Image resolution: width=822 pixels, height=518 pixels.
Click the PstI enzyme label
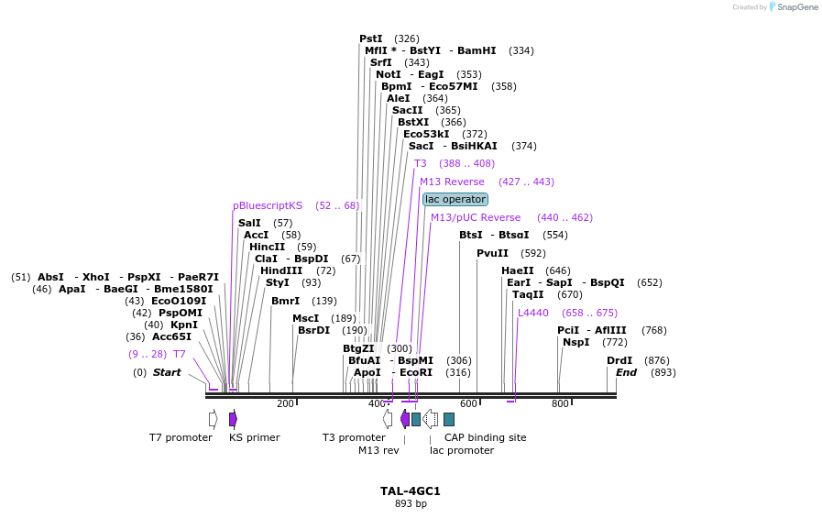tap(371, 39)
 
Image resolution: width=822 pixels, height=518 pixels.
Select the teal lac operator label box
tap(455, 199)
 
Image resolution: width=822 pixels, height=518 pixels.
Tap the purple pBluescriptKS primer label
tap(268, 205)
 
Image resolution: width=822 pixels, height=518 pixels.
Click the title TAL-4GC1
tap(411, 490)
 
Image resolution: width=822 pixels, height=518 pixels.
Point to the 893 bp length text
tap(411, 503)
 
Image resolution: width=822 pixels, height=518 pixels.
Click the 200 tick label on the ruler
tap(285, 403)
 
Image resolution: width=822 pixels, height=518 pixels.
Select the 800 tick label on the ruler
tap(559, 403)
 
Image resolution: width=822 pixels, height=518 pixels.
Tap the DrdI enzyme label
tap(619, 360)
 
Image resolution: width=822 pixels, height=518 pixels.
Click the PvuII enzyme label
tap(492, 253)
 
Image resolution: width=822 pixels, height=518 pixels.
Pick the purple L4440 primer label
tap(533, 313)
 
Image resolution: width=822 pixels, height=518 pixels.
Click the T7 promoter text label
tap(181, 437)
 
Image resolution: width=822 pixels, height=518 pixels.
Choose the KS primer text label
tap(254, 437)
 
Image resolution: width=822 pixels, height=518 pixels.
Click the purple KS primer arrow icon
tap(233, 419)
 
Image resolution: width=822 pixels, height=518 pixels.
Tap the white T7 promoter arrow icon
tap(213, 419)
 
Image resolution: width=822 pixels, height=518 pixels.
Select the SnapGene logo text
tap(793, 7)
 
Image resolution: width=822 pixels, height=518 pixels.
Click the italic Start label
tap(167, 372)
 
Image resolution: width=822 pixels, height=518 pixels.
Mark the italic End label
tap(626, 372)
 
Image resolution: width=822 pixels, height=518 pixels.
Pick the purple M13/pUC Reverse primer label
tap(476, 217)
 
